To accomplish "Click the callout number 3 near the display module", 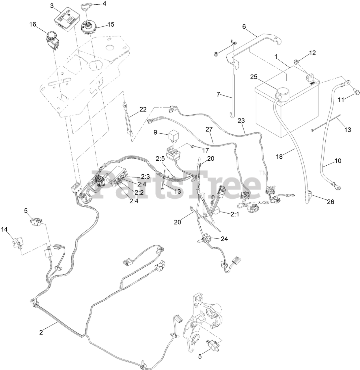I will (52, 5).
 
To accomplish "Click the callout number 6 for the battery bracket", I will (244, 27).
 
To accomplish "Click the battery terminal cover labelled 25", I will (281, 93).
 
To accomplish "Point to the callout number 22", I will (143, 110).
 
